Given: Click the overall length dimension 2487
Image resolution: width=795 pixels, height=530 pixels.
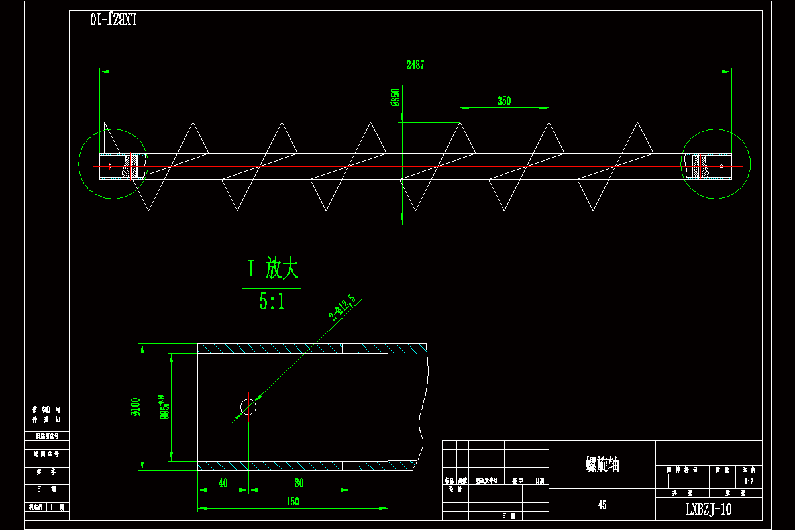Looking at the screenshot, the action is coord(415,64).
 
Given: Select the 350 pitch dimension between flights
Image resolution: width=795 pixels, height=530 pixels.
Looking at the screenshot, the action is coord(504,101).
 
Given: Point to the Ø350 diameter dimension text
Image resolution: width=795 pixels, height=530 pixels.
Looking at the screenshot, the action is coord(396,97).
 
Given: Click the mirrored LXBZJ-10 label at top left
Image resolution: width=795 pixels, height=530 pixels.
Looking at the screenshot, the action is coord(113,19).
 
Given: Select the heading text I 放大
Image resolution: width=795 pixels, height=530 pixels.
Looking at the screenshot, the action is coord(273,269).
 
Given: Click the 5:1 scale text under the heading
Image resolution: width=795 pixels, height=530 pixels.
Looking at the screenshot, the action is coord(272,302).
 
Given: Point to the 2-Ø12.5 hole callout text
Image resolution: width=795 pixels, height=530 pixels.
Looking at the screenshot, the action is coord(342,308).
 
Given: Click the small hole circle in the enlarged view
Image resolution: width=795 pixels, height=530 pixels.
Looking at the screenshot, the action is coord(248,406).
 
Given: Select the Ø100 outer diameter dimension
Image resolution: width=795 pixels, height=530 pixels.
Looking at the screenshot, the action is coord(135,407).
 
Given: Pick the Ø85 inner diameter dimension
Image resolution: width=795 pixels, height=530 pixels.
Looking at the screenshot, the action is coord(162,407).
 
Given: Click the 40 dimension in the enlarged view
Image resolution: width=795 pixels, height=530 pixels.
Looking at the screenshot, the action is coord(223,483).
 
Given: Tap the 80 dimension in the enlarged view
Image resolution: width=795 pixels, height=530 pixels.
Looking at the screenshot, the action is coord(299,483).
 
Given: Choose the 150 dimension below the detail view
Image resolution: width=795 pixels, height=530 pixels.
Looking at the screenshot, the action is coord(292,502).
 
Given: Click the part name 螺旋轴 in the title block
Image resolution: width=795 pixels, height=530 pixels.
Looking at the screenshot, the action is coord(602,464).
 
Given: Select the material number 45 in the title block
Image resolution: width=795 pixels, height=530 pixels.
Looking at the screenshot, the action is coord(602,505).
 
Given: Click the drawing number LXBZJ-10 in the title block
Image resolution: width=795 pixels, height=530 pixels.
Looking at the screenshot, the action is coord(708,509).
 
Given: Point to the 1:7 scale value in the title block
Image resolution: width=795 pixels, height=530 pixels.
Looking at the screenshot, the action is coord(749,482).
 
